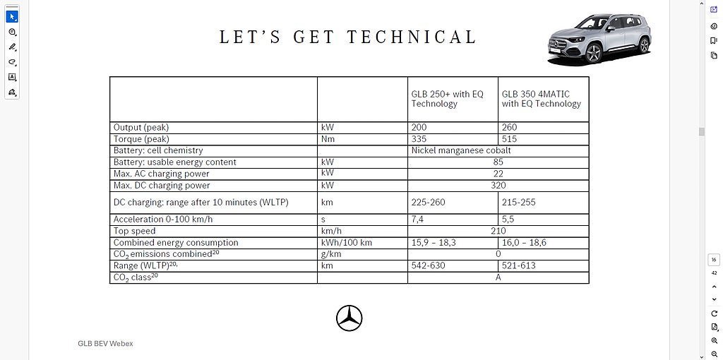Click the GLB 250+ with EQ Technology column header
(x=448, y=99)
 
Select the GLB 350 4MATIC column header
(x=541, y=99)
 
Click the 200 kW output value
(x=419, y=128)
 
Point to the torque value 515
(x=509, y=139)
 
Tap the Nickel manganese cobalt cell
(x=461, y=150)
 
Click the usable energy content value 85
(x=498, y=162)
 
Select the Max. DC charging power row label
(x=162, y=186)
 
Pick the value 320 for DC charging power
(x=498, y=186)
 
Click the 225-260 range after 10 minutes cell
(x=429, y=203)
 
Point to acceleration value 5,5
(x=508, y=220)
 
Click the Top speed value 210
(x=498, y=231)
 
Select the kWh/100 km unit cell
(x=346, y=243)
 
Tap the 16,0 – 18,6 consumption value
(x=524, y=243)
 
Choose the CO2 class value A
(x=498, y=277)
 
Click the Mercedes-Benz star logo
(x=349, y=318)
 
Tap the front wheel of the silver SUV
(x=592, y=54)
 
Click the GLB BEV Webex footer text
(x=105, y=344)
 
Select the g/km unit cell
(x=331, y=254)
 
